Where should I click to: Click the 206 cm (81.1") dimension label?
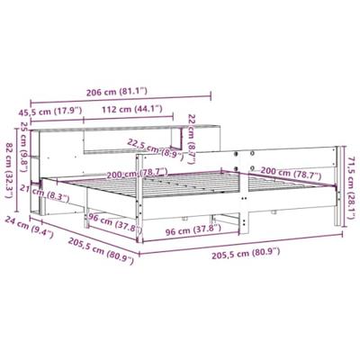point(117,92)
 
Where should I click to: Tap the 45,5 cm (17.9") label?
point(50,112)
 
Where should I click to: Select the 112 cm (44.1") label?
point(132,109)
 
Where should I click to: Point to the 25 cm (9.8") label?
point(23,139)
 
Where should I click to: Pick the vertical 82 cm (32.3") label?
point(10,169)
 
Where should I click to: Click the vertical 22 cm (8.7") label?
point(191,139)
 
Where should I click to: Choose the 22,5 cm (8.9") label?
point(155,149)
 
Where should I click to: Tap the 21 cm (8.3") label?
point(45,193)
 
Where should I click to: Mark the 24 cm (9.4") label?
point(29,227)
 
